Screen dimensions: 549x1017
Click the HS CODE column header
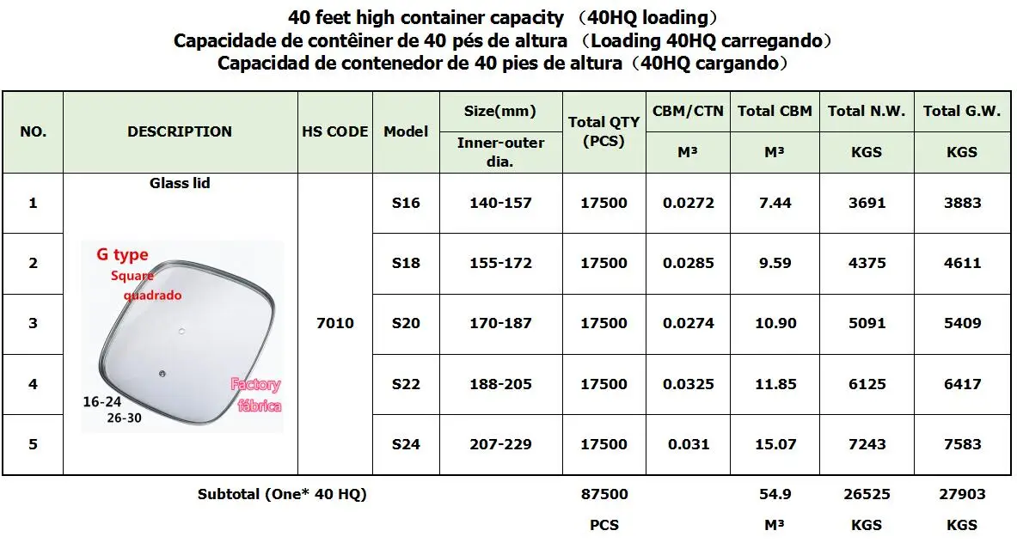(335, 131)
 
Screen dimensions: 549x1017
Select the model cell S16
(406, 203)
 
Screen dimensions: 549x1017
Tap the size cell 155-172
(500, 263)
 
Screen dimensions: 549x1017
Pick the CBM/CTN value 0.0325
(688, 384)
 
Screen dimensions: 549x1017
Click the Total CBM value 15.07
(774, 444)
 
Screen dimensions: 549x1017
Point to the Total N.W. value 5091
(867, 323)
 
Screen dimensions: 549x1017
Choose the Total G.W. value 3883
(962, 203)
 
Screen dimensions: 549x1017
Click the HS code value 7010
(335, 323)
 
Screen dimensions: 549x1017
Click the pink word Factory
(255, 385)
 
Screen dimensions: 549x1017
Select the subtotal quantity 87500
(604, 494)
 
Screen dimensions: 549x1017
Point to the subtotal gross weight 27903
(962, 494)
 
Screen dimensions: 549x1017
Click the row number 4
(33, 384)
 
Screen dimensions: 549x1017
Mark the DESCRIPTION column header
(180, 131)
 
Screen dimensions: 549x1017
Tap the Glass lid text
(180, 183)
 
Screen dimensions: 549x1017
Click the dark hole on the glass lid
(162, 371)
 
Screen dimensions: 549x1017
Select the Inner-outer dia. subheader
(500, 151)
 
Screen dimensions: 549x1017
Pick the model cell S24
(406, 444)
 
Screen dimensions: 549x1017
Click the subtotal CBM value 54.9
(774, 494)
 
